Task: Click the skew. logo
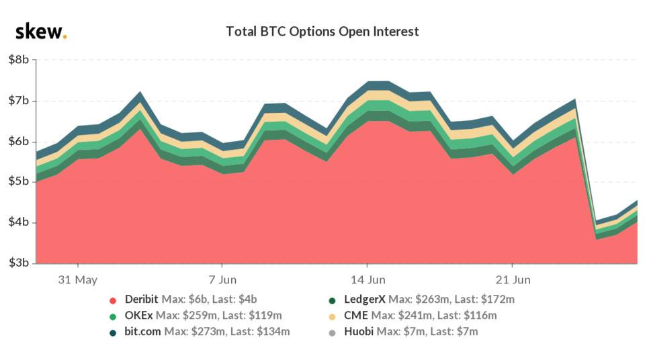click(x=41, y=31)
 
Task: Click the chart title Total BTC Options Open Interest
click(x=322, y=32)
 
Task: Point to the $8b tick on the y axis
click(x=18, y=60)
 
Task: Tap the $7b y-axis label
click(x=18, y=101)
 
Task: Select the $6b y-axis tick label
click(x=18, y=142)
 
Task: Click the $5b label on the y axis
click(x=18, y=182)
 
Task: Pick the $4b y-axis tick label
click(x=18, y=222)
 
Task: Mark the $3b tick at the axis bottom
click(x=18, y=263)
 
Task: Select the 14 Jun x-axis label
click(x=368, y=279)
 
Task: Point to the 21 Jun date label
click(x=513, y=279)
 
